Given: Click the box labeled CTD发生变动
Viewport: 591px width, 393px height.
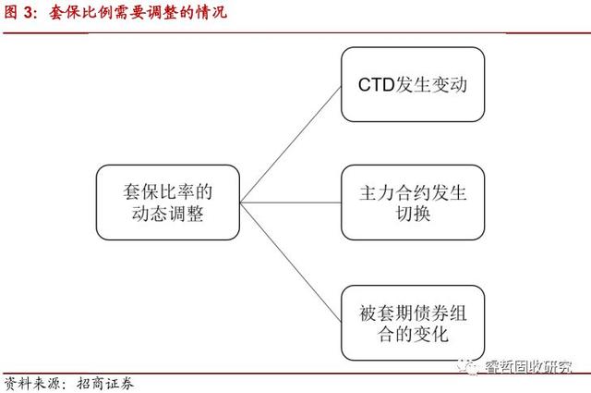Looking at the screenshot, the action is (413, 84).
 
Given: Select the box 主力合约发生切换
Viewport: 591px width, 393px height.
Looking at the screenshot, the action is (413, 203).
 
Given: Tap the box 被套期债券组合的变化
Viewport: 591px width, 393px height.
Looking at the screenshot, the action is (413, 323).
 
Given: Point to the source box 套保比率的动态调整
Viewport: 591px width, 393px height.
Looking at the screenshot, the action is (168, 203).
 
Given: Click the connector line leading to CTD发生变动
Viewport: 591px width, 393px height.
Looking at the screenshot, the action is (291, 144).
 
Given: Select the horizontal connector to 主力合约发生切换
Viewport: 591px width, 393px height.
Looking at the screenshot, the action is (291, 203).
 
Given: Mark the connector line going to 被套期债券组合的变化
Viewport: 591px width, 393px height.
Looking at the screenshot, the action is (291, 262).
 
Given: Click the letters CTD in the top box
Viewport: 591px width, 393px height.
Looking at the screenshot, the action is (376, 84).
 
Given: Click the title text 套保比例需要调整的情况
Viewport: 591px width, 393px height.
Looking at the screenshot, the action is (138, 12).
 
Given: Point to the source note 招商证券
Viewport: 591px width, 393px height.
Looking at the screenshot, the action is (105, 384).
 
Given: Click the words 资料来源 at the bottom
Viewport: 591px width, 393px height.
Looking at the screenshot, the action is (31, 384).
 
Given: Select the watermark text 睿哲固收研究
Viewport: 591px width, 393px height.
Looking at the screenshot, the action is (528, 366).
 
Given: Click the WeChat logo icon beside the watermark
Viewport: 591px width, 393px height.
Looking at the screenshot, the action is (468, 366).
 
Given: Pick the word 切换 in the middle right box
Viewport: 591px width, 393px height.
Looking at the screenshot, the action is (413, 214).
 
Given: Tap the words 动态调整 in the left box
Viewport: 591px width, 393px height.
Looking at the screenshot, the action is (168, 214).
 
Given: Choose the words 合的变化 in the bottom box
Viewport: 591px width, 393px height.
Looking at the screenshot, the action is (413, 334).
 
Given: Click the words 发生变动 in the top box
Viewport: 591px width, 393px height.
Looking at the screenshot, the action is (431, 84).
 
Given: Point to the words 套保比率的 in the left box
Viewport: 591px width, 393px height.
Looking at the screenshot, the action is (168, 191).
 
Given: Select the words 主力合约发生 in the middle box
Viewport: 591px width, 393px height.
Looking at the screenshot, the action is (413, 192).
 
